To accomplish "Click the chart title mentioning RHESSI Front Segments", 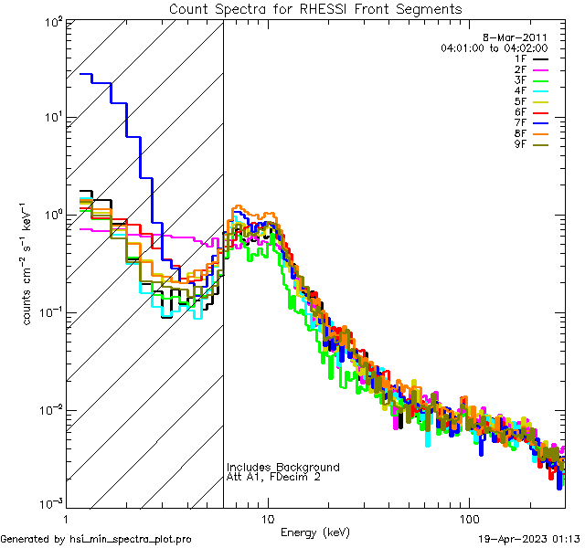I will point(315,8).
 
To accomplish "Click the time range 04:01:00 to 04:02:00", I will point(494,47).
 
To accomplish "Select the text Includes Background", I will point(283,468).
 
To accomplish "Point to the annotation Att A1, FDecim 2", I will point(273,477).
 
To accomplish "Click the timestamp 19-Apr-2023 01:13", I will point(530,539).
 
